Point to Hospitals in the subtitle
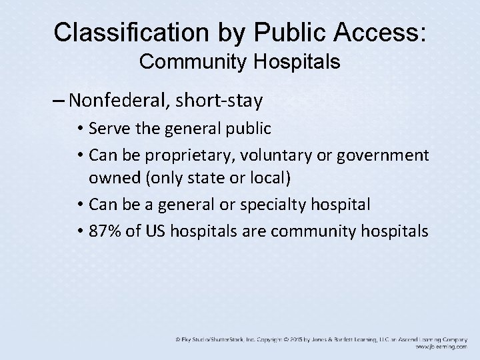[293, 63]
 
